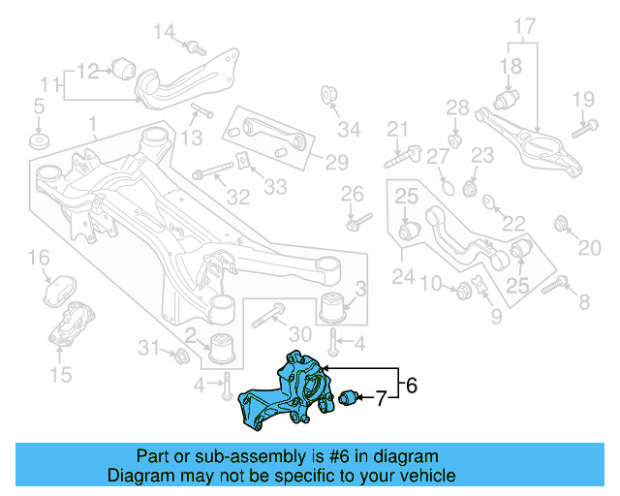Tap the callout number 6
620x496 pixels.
coord(411,386)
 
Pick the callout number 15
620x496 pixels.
coord(60,373)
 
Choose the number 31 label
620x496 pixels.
coord(148,348)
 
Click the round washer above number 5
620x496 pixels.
coord(39,142)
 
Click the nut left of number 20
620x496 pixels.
coord(561,226)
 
